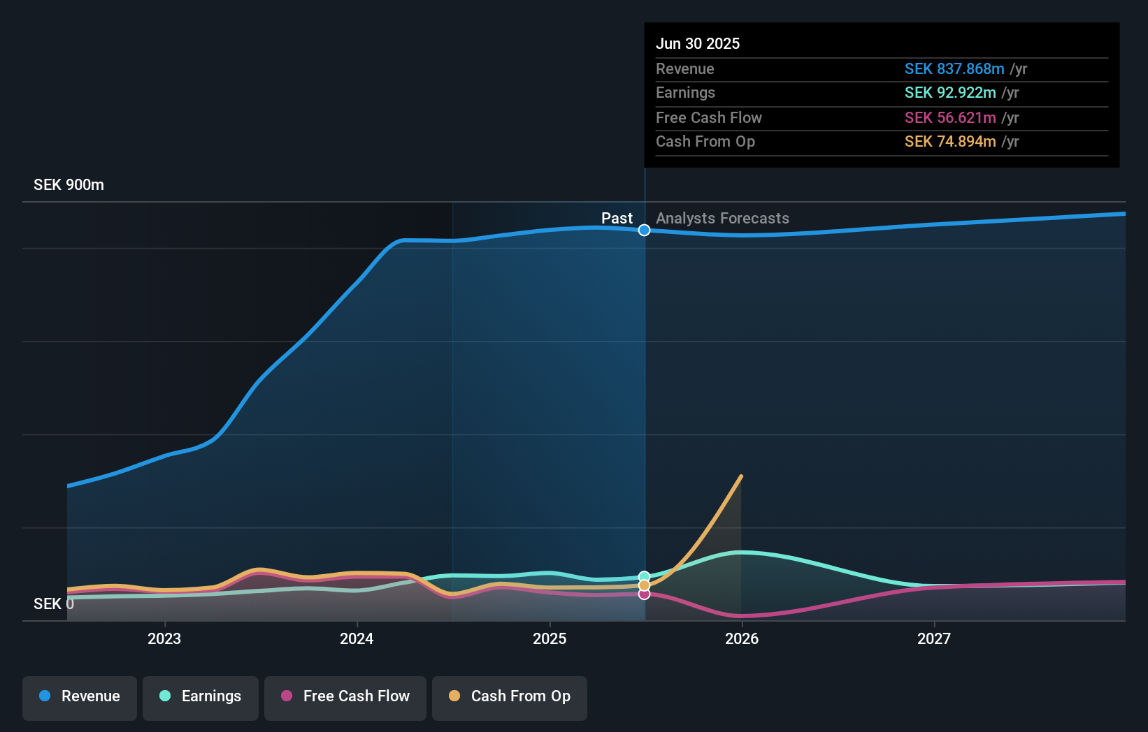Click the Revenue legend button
tap(80, 696)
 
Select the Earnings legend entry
tap(201, 696)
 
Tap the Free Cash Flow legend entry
tap(345, 696)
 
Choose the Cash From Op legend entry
tap(510, 696)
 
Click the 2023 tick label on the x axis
tap(164, 638)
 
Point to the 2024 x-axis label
tap(357, 638)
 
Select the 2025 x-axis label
tap(550, 638)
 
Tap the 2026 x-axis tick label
tap(742, 638)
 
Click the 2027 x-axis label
tap(934, 638)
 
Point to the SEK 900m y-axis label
tap(69, 185)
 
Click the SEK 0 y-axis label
tap(53, 603)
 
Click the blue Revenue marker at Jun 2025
tap(645, 230)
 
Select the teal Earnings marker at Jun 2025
tap(645, 577)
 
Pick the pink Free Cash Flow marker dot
tap(645, 594)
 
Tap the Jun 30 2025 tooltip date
tap(698, 43)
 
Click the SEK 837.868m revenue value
tap(954, 68)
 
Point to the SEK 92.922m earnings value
tap(950, 93)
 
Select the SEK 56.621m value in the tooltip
tap(950, 117)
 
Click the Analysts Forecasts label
tap(722, 219)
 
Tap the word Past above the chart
tap(617, 219)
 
